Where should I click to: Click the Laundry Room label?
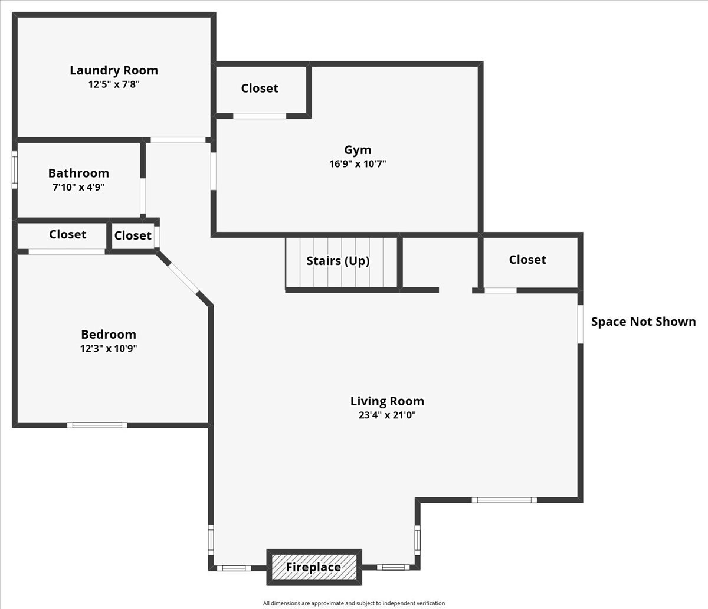coord(114,70)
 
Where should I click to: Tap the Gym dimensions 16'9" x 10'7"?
coord(358,164)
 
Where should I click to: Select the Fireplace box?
coord(314,568)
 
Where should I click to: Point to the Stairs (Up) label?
coord(338,261)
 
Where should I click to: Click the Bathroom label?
coord(78,173)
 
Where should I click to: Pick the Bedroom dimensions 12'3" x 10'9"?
coord(109,348)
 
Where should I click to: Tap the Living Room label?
coord(387,401)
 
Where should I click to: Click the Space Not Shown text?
coord(643,322)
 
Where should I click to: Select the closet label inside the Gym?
coord(260,88)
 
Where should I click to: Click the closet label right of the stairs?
coord(527,260)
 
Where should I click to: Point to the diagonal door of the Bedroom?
coord(182,277)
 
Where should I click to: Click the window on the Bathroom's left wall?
coord(15,170)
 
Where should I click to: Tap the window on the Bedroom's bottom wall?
coord(97,425)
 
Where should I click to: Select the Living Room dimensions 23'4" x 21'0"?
coord(387,415)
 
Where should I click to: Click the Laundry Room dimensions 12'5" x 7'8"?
coord(114,84)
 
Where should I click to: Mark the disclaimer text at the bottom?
coord(354,603)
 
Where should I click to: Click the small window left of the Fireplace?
coord(234,568)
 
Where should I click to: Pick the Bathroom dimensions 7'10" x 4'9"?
coord(78,187)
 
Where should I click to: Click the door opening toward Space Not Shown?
coord(581,323)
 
